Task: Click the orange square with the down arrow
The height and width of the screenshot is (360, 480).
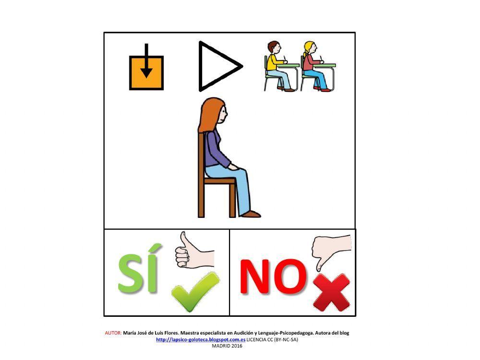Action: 146,72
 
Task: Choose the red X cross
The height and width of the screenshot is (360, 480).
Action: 331,292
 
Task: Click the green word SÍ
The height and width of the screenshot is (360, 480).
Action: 138,274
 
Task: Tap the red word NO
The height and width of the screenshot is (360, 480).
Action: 272,276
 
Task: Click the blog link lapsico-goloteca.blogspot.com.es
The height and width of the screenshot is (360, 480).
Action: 201,339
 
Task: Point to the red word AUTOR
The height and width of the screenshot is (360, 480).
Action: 113,333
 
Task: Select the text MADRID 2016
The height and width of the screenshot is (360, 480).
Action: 227,346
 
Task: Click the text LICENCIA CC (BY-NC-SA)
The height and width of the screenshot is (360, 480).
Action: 272,339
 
